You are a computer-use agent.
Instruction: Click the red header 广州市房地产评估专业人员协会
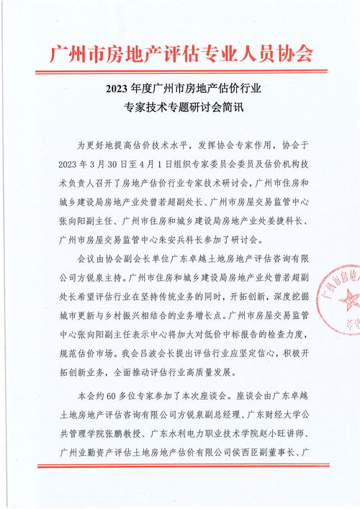tap(180, 53)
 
